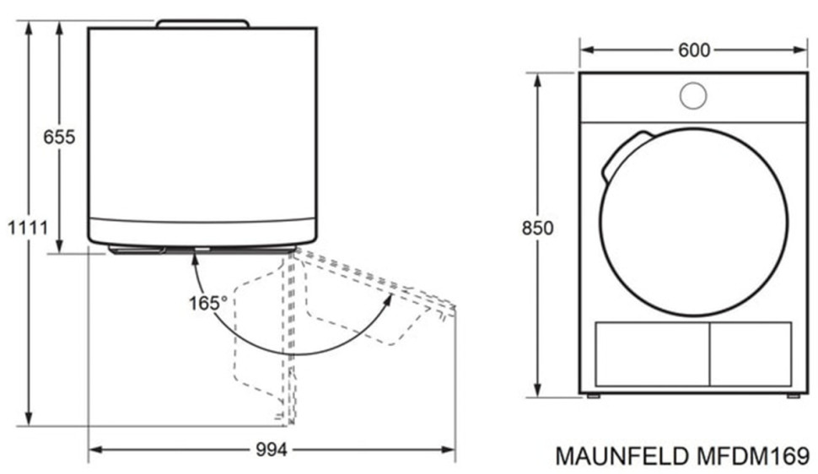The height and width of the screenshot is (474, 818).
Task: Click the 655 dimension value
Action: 59,137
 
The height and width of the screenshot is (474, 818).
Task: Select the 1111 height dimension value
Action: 28,228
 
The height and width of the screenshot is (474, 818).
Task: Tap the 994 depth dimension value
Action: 272,450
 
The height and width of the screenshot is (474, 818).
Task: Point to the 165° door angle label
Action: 208,303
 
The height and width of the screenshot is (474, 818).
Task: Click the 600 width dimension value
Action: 694,50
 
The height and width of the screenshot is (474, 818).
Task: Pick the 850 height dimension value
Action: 537,228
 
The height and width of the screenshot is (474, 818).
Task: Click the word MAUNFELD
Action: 622,456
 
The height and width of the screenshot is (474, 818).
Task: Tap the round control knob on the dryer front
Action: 693,95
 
